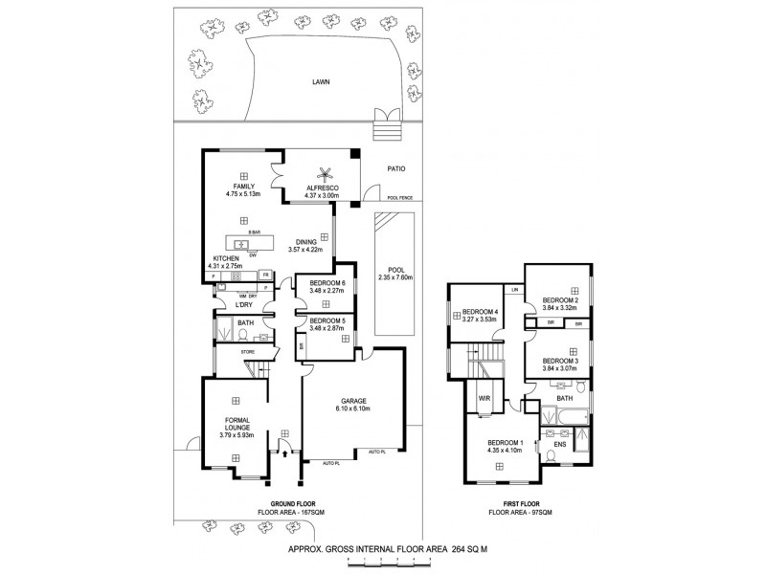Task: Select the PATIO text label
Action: pos(396,169)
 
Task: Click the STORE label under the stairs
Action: pos(246,352)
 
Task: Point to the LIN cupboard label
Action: pos(514,289)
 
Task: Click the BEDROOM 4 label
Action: pos(481,313)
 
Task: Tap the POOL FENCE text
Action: pos(399,199)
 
